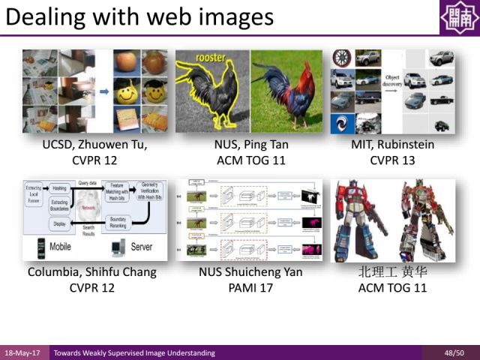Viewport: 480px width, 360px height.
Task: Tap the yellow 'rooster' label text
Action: coord(211,58)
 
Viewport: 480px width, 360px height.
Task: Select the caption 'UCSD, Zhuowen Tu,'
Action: coord(94,145)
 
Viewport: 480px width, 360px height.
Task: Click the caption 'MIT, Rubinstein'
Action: coord(393,145)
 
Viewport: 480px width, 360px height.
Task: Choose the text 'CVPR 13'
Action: coord(393,159)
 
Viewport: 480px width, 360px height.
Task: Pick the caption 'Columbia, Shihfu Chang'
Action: coord(92,272)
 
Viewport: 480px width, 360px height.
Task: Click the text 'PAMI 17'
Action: coord(250,286)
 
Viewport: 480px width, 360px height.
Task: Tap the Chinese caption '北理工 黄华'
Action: coord(393,272)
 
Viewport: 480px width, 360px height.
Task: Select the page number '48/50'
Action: coord(454,352)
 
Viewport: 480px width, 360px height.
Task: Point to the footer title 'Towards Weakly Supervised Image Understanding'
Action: coord(133,352)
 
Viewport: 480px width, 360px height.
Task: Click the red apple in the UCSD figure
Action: coord(125,62)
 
